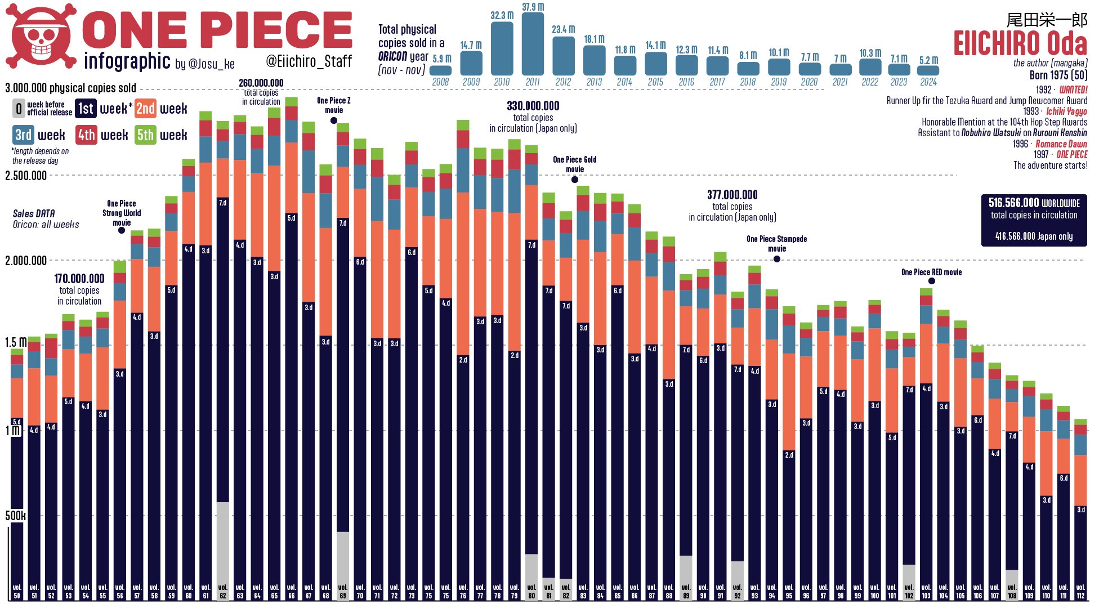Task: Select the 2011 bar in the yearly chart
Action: pos(533,44)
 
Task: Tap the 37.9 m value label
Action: pos(533,7)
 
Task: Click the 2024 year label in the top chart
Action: pos(928,82)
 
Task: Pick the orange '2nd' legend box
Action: pos(145,108)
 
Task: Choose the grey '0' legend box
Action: pos(19,108)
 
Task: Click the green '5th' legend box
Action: pos(145,135)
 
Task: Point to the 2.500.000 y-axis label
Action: pos(26,176)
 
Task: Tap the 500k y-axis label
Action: pos(15,516)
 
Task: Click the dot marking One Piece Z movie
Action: pos(334,120)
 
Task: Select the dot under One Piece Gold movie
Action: pos(574,180)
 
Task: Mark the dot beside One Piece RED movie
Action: pos(932,281)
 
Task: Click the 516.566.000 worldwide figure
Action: pos(1013,203)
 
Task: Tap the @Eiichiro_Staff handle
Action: pos(309,61)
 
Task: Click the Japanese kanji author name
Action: pos(1047,20)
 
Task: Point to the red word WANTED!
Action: pos(1073,90)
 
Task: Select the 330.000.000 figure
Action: pos(533,106)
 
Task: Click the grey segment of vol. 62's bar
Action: pos(223,540)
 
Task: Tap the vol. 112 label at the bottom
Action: pos(1080,591)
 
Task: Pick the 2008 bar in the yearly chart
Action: pos(440,70)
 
